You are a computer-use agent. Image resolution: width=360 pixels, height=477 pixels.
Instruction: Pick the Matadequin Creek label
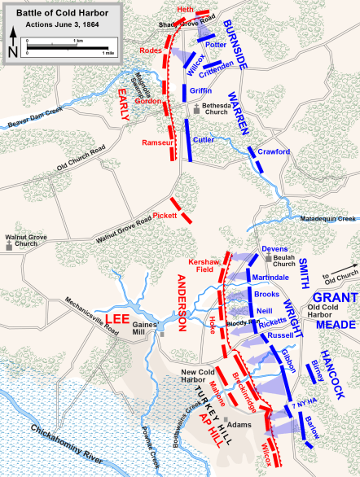tap(329, 219)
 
